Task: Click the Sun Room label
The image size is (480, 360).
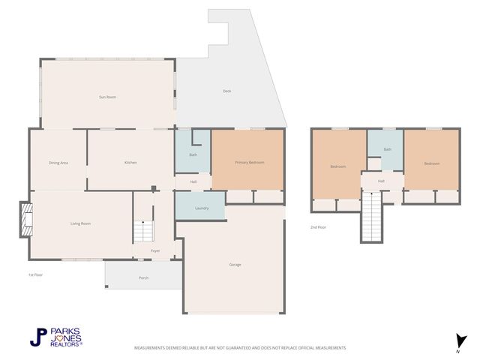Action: pyautogui.click(x=107, y=97)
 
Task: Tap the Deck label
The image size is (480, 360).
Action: pyautogui.click(x=226, y=91)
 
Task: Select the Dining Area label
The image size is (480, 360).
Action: pyautogui.click(x=58, y=163)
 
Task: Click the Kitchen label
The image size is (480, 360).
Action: pyautogui.click(x=130, y=163)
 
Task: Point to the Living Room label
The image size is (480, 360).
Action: pyautogui.click(x=80, y=223)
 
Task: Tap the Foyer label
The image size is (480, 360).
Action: pyautogui.click(x=155, y=250)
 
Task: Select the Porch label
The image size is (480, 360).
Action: pyautogui.click(x=143, y=277)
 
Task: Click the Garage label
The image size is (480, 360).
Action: pyautogui.click(x=235, y=265)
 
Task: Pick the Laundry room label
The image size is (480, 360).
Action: pyautogui.click(x=201, y=208)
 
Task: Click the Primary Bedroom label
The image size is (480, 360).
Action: pyautogui.click(x=249, y=163)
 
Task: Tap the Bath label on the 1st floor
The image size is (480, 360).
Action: pyautogui.click(x=193, y=154)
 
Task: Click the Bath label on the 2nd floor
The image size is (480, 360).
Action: pyautogui.click(x=387, y=149)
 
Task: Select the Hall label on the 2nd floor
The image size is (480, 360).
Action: pyautogui.click(x=381, y=181)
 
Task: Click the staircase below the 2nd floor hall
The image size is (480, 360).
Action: pyautogui.click(x=372, y=217)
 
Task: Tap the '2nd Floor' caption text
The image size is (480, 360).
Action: pyautogui.click(x=318, y=226)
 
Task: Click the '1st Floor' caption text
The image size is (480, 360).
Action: pyautogui.click(x=35, y=275)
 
